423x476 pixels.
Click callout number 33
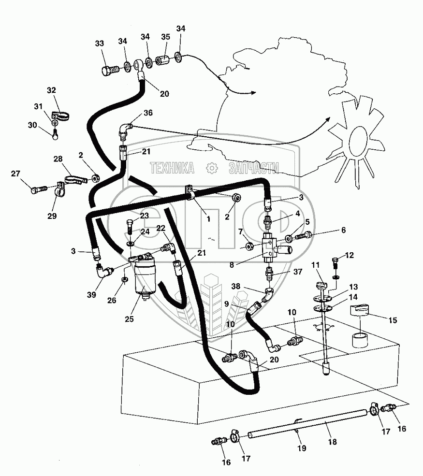pyautogui.click(x=100, y=43)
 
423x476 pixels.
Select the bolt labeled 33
pyautogui.click(x=110, y=71)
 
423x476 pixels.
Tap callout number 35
pyautogui.click(x=165, y=37)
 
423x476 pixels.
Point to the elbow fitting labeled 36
pyautogui.click(x=125, y=129)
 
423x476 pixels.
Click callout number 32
pyautogui.click(x=52, y=90)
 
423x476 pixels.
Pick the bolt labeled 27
pyautogui.click(x=38, y=190)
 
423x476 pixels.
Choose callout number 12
pyautogui.click(x=350, y=255)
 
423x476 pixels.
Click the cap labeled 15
pyautogui.click(x=362, y=309)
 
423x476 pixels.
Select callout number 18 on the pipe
pyautogui.click(x=332, y=441)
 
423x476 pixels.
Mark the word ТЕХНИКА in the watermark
pyautogui.click(x=172, y=168)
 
